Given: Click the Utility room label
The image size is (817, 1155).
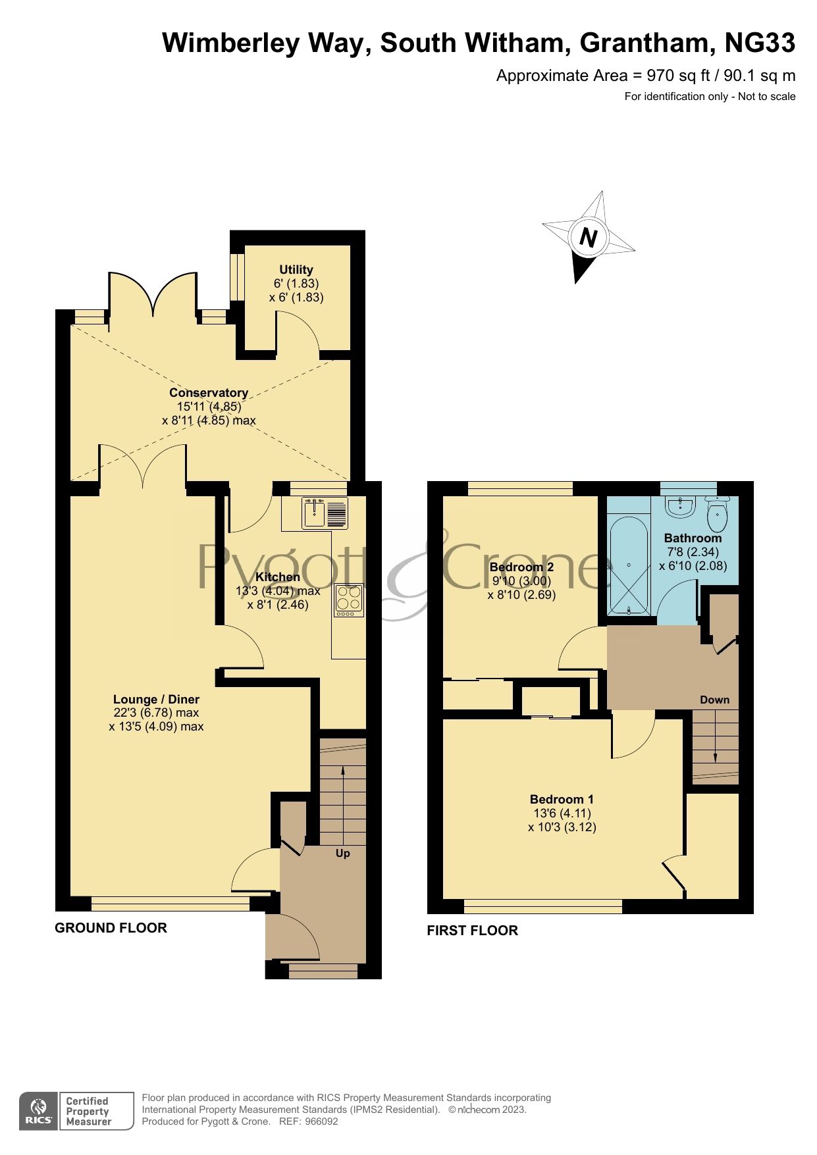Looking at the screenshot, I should tap(296, 269).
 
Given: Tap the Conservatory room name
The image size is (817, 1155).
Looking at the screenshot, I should tap(209, 392).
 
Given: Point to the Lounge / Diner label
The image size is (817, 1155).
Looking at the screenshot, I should tap(156, 699).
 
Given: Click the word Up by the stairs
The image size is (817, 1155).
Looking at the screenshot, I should tap(343, 853).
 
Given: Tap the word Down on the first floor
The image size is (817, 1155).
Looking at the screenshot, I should tap(714, 700).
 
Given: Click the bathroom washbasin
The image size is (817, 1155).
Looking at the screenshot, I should tap(679, 506).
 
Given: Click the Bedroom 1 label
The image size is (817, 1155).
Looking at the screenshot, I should tap(562, 799).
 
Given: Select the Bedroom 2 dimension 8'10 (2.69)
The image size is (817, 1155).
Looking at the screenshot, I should tap(522, 595).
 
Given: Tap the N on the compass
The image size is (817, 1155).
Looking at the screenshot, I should tap(588, 238).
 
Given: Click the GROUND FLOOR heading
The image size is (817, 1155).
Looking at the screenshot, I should tap(111, 927).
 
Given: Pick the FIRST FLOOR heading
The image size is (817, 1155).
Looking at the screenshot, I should tap(472, 930).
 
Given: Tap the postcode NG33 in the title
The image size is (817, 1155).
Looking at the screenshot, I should tap(760, 43).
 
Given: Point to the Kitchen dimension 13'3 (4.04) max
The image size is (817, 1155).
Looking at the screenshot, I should tap(278, 590).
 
